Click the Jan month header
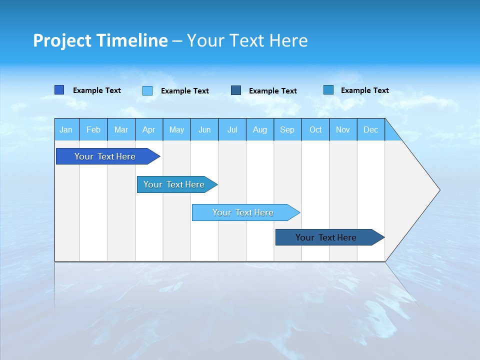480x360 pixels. pyautogui.click(x=66, y=129)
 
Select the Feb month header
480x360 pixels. pyautogui.click(x=93, y=129)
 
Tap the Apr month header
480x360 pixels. pyautogui.click(x=149, y=129)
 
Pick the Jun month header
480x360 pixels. pyautogui.click(x=204, y=129)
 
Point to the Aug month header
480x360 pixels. pyautogui.click(x=260, y=129)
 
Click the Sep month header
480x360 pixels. pyautogui.click(x=287, y=129)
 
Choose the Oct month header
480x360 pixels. pyautogui.click(x=315, y=129)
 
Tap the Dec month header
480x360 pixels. pyautogui.click(x=371, y=129)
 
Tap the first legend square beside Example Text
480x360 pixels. pyautogui.click(x=59, y=90)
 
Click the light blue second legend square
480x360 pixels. pyautogui.click(x=147, y=90)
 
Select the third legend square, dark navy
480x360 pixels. pyautogui.click(x=236, y=90)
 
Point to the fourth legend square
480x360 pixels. pyautogui.click(x=328, y=90)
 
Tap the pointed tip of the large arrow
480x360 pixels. pyautogui.click(x=439, y=190)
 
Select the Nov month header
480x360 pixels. pyautogui.click(x=343, y=129)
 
